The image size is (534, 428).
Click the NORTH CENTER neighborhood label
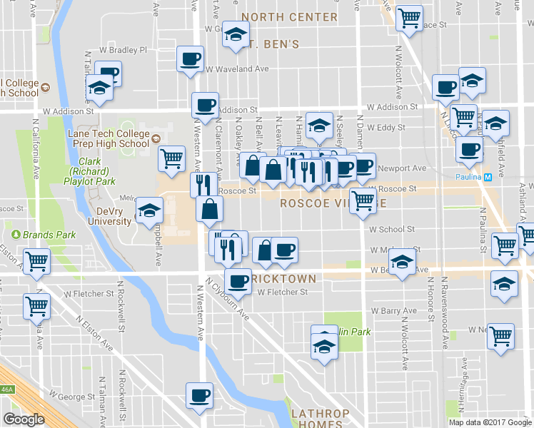[289, 16]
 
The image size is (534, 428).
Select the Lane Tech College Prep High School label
[108, 138]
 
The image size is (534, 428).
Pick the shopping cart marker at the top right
[409, 18]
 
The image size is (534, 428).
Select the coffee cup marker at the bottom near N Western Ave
[199, 394]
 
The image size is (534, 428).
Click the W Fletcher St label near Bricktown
[282, 292]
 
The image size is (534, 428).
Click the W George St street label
[72, 395]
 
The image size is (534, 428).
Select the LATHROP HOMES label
[320, 419]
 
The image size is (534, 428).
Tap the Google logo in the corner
[24, 419]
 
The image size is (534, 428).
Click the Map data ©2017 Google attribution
[489, 422]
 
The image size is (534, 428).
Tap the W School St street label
[392, 229]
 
